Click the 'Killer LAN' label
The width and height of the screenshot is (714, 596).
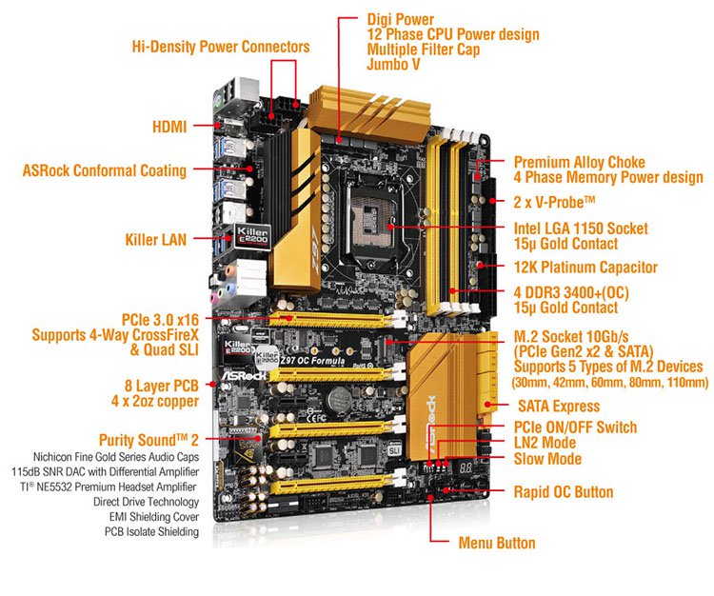pos(155,240)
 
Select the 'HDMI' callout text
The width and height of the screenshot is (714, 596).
pos(169,126)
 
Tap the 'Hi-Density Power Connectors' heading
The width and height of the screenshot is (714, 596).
pos(220,46)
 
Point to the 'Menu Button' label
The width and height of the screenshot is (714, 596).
pos(496,543)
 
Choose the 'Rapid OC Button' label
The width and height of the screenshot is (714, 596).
pos(563,492)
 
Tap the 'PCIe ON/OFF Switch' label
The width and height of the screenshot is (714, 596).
pos(575,427)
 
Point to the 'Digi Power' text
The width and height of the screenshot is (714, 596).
pos(400,19)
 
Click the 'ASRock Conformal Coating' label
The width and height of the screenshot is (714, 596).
pos(105,171)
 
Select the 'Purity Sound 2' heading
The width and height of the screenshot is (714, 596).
pos(144,439)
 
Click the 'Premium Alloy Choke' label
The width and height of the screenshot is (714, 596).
pos(579,162)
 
